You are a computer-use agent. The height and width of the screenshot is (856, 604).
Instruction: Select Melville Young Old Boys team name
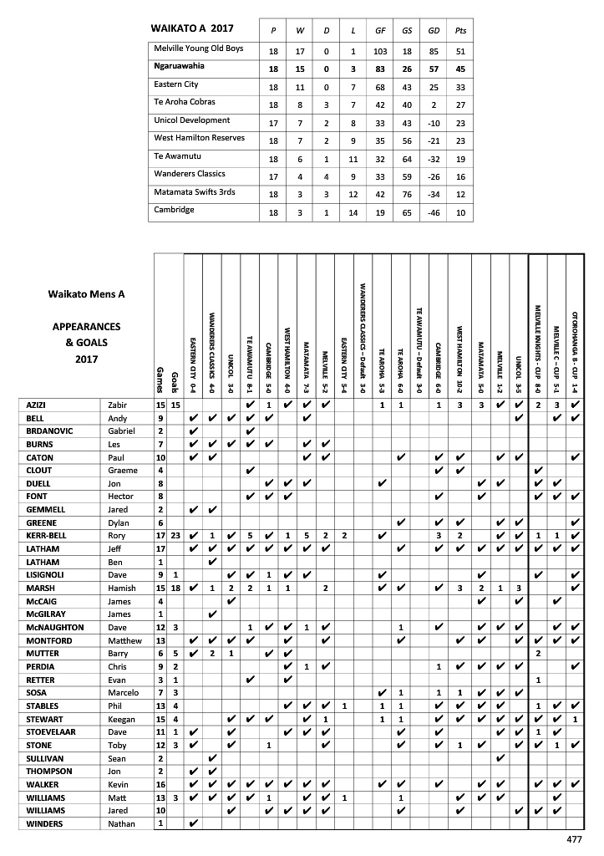199,49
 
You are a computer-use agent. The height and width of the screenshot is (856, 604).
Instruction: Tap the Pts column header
460,31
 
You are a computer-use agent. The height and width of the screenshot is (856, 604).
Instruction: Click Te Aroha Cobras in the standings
185,103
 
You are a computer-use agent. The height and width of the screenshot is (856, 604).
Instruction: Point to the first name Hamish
121,588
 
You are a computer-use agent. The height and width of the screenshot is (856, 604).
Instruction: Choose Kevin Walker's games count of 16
160,784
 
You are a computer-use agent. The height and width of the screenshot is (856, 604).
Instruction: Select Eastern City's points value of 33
460,85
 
